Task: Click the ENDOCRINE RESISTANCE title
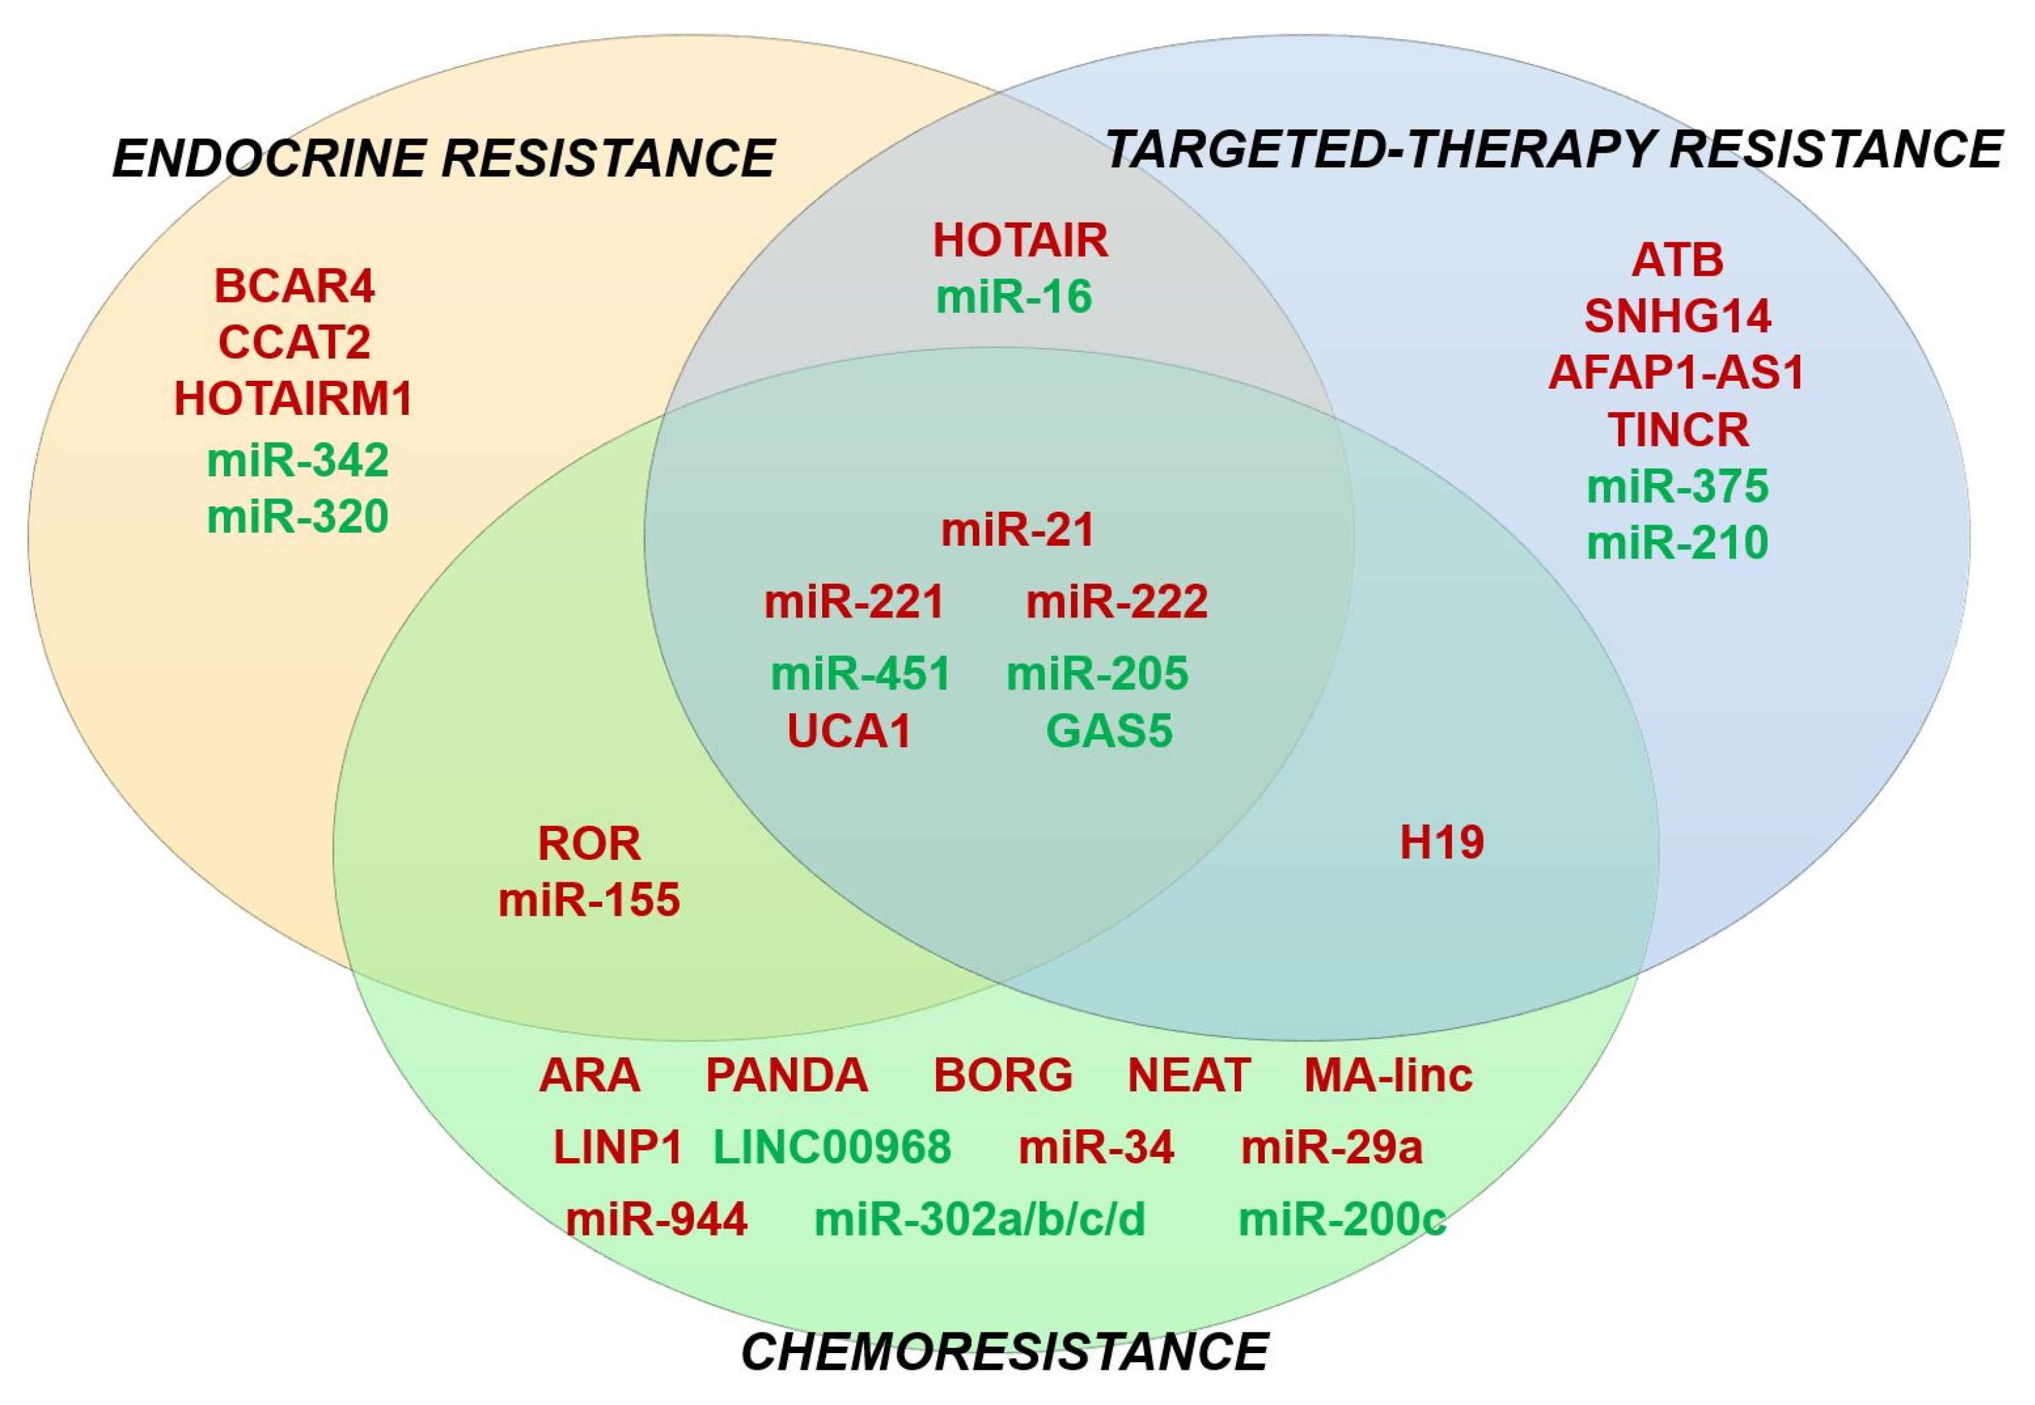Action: pos(444,158)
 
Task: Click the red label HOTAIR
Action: pos(1020,240)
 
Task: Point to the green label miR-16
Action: pos(1014,297)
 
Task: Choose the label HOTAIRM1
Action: pos(293,399)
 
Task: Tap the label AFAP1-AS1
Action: pos(1676,373)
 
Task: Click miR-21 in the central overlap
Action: pos(1017,530)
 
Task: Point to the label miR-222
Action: pos(1117,602)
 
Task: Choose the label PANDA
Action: pos(787,1075)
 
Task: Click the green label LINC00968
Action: pos(832,1147)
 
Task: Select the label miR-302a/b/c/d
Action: pos(979,1219)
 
